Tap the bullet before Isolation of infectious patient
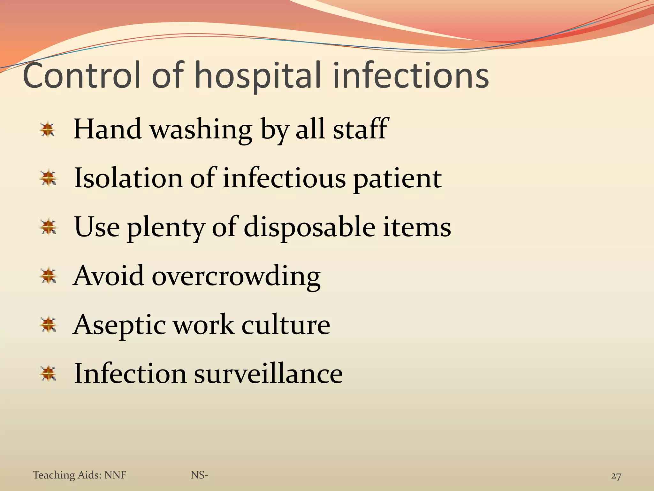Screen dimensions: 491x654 (48, 178)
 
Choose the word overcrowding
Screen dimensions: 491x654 (236, 276)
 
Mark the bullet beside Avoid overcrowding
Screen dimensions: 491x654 (48, 276)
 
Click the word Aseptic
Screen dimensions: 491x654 (119, 325)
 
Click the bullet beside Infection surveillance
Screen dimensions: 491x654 (48, 373)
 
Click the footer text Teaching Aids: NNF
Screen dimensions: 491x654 (80, 475)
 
